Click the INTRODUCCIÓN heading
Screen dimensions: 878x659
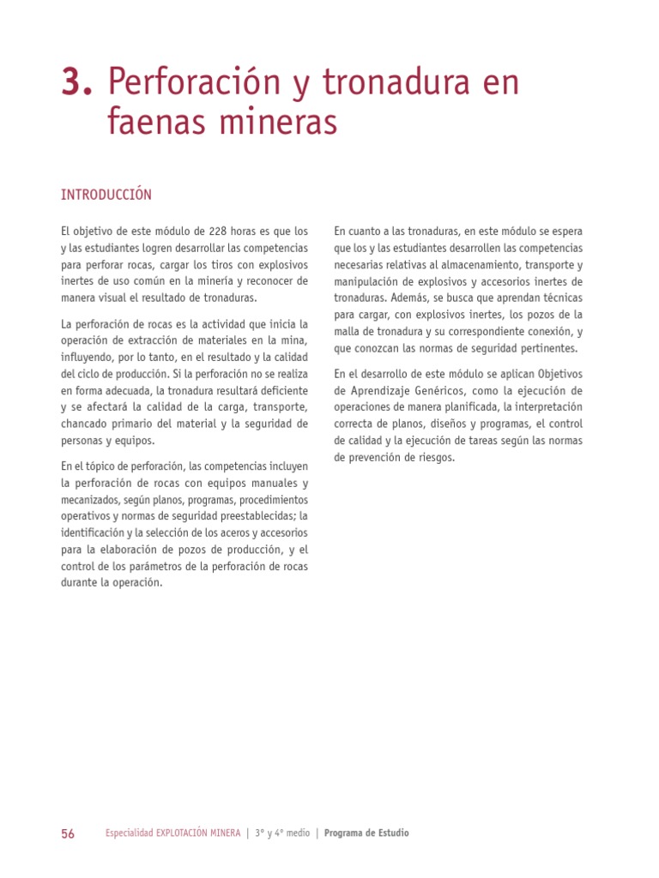point(106,195)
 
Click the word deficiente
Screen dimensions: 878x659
point(274,390)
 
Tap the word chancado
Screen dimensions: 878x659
point(86,424)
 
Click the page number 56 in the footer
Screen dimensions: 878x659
point(68,833)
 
